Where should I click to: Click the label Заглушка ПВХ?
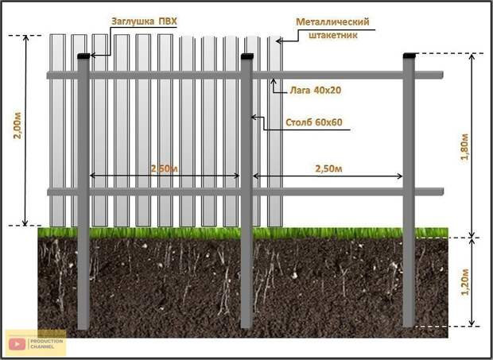[144, 21]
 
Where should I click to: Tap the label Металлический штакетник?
[332, 29]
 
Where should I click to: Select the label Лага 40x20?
[316, 91]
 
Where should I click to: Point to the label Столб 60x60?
[314, 122]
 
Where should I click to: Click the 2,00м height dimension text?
[17, 125]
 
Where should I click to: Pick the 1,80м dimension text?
[464, 147]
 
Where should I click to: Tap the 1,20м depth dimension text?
[464, 282]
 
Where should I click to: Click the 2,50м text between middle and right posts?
[328, 168]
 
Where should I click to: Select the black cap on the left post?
[83, 56]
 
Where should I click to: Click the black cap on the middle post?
[247, 56]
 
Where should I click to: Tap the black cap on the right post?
[410, 56]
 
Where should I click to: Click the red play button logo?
[17, 344]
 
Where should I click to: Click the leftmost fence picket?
[58, 130]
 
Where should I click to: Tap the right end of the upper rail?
[442, 75]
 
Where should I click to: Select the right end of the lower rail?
[442, 192]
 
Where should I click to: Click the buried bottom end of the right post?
[409, 326]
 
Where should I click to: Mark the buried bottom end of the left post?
[83, 327]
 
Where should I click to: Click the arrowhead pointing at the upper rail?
[274, 81]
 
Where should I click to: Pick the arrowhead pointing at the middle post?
[254, 118]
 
